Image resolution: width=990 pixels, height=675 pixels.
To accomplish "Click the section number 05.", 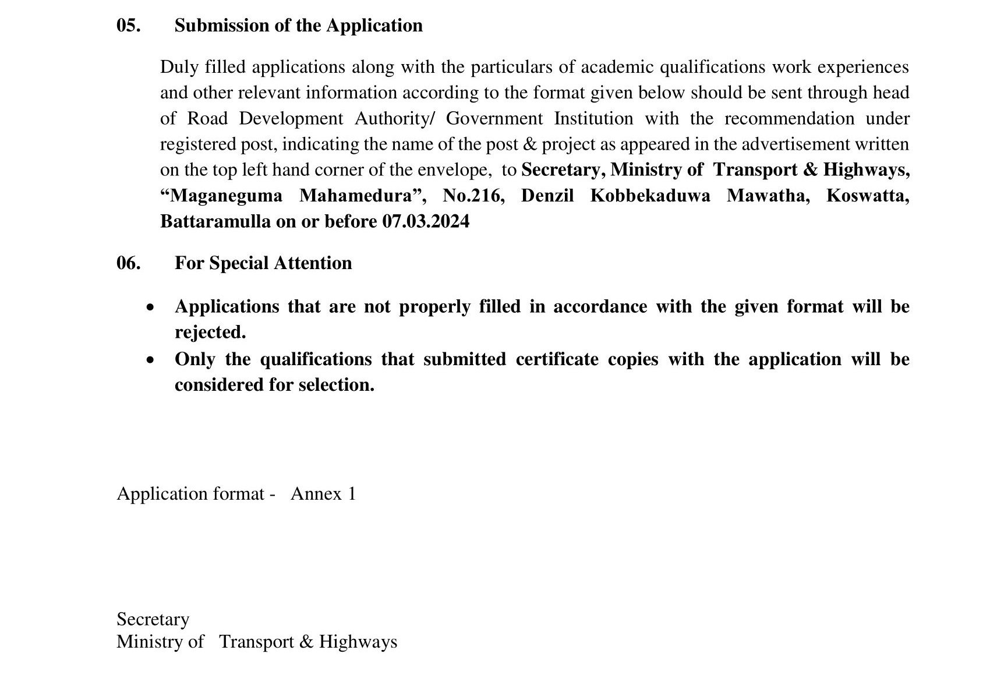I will point(128,26).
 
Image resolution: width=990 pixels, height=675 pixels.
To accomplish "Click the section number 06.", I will point(128,263).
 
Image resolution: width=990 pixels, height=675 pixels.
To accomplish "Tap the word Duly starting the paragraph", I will point(179,68).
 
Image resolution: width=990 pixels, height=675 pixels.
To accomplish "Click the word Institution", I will point(593,119).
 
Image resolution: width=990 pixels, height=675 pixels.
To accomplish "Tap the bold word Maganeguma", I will point(221,196).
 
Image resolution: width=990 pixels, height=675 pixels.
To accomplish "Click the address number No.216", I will point(473,196).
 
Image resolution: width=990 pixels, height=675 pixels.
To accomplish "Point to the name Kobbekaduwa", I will point(650,196).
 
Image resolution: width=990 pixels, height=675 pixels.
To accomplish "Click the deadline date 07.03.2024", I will point(426,222).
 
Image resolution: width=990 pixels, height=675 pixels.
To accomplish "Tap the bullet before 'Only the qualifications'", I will point(151,360).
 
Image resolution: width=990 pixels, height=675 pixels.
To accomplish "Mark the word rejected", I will point(210,333).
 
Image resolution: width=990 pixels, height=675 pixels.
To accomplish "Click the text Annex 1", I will point(323,494).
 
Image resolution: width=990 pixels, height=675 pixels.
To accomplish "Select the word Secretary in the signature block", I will point(153,619).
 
